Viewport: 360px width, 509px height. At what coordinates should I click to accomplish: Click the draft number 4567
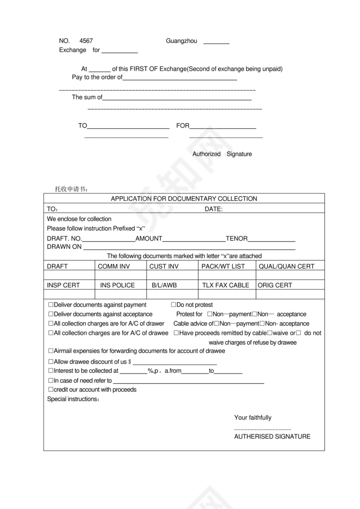[86, 41]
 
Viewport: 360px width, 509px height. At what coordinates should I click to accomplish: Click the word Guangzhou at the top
[181, 41]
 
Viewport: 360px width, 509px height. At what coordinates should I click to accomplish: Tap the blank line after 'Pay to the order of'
[180, 78]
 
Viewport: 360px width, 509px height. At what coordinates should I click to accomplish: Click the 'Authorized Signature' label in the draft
[222, 154]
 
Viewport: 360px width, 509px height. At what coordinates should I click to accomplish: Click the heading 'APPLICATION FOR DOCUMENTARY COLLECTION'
[184, 199]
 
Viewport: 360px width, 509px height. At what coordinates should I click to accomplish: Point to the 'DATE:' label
[213, 209]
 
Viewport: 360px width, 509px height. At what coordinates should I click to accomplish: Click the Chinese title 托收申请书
[71, 189]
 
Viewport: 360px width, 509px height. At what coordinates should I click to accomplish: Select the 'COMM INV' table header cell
[114, 266]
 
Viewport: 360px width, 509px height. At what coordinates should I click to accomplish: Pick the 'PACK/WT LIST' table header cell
[223, 266]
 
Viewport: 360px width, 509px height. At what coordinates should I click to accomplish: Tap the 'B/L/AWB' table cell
[164, 285]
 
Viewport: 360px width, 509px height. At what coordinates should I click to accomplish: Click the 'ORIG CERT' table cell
[275, 285]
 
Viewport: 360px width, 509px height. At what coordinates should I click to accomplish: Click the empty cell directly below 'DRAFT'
[69, 275]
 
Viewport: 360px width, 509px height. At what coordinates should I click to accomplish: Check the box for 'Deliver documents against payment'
[51, 305]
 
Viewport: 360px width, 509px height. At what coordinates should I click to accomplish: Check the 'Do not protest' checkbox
[173, 305]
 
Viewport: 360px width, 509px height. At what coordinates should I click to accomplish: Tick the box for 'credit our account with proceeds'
[51, 389]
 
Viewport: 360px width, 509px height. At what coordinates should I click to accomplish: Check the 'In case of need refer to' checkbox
[51, 380]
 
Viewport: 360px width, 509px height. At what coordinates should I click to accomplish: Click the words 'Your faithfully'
[253, 418]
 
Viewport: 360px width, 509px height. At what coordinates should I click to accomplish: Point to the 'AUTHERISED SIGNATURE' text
[272, 437]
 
